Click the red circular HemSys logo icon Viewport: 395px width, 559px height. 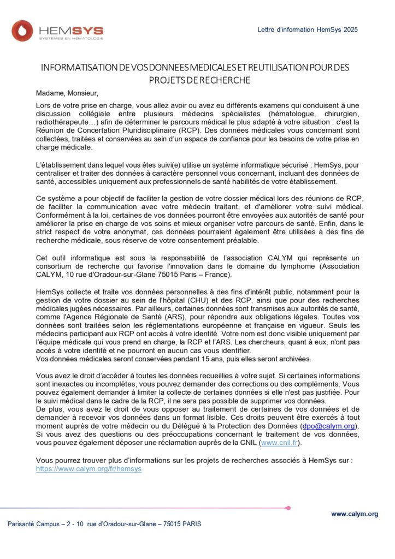(22, 31)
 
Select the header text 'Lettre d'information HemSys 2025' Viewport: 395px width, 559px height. (308, 29)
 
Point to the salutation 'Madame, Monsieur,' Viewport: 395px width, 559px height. (67, 93)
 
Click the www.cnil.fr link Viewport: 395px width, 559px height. (279, 443)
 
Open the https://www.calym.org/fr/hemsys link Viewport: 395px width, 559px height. (89, 468)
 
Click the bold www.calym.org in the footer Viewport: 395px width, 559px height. (355, 514)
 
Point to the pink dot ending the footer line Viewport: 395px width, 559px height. (288, 508)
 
